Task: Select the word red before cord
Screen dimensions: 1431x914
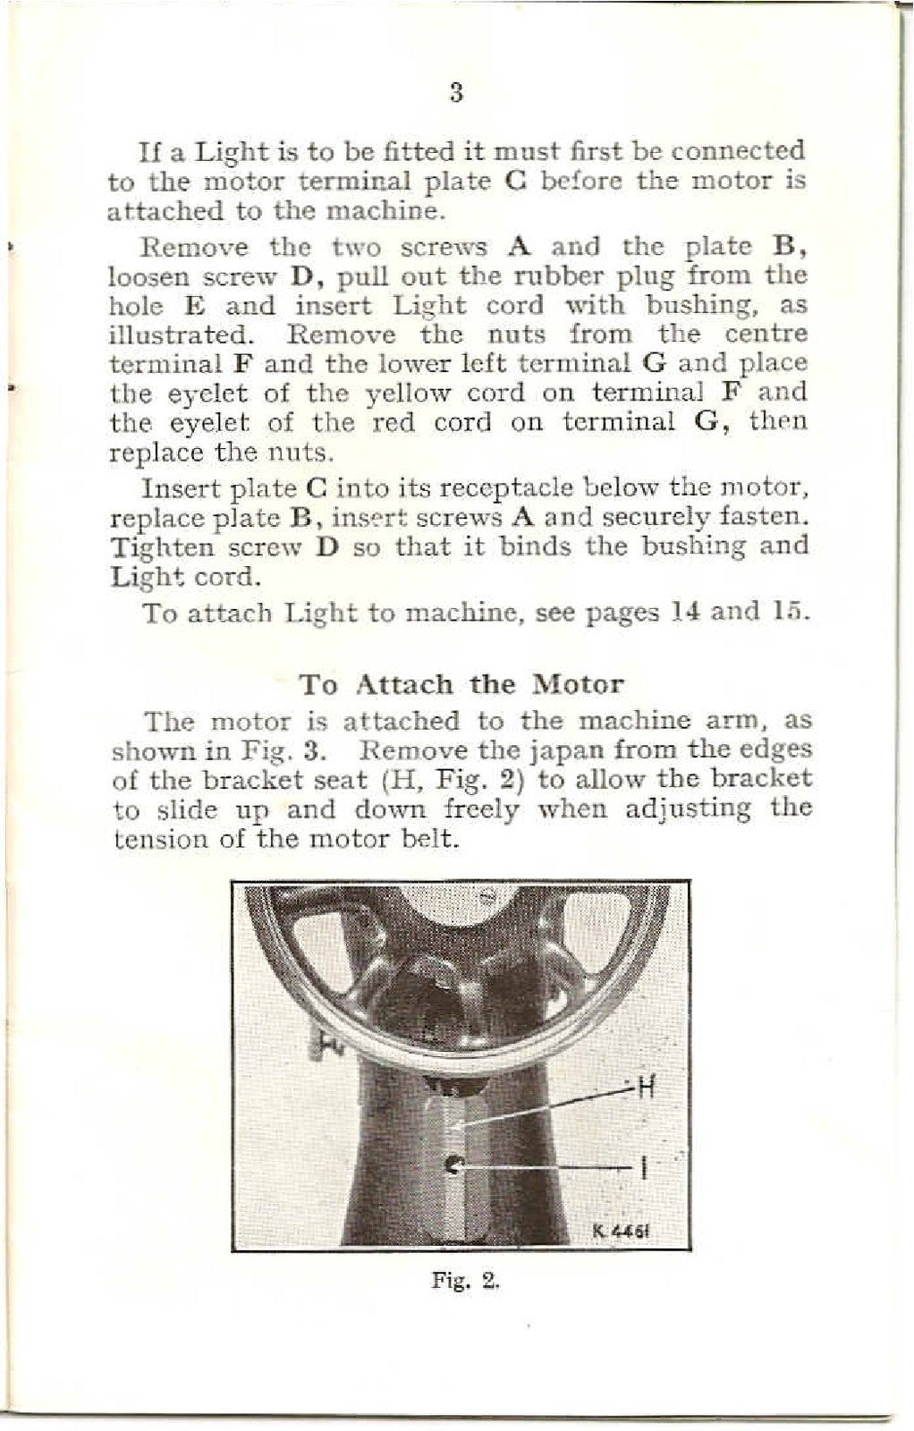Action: (390, 422)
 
